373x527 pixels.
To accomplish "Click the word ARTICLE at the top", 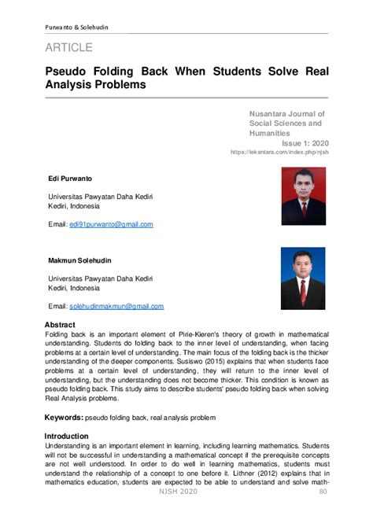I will [68, 48].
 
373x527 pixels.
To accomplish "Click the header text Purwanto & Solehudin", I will [76, 28].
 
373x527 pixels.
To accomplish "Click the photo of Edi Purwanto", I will [303, 196].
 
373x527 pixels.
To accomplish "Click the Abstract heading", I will [60, 325].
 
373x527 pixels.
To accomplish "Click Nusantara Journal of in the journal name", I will [286, 114].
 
